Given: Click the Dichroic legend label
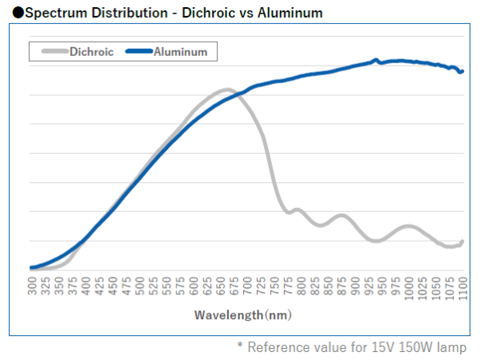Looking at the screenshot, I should coord(91,52).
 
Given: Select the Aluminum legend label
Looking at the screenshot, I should coord(181,52).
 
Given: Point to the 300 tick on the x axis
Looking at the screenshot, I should coord(33,286).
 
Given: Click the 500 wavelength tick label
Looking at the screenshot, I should coord(141,286).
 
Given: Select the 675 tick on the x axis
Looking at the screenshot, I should coord(235,286).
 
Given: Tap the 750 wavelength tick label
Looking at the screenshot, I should coord(275,286).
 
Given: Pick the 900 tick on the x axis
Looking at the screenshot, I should coord(356,286).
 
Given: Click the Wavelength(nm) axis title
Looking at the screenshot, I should coord(242,315).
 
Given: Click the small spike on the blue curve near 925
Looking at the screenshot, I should coord(375,59).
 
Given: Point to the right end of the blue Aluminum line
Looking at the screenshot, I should coord(462,72).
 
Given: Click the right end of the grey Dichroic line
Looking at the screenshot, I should coord(462,241).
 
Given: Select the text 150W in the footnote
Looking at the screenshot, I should coord(408,347).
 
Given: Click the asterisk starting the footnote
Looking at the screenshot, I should coord(239,346).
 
